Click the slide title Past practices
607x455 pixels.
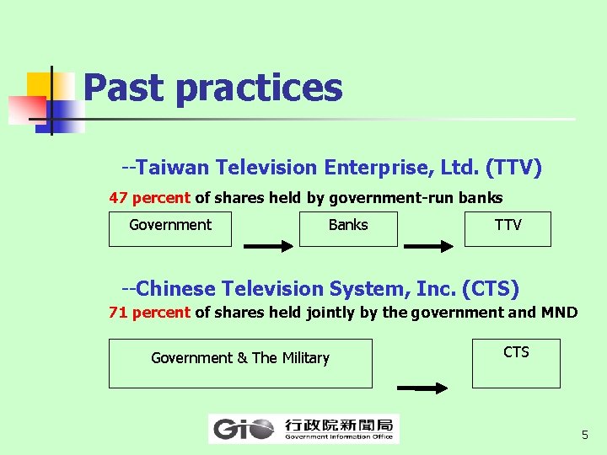click(x=212, y=88)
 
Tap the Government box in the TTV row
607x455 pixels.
click(x=169, y=228)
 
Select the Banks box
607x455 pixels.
click(x=348, y=228)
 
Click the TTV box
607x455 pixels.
click(x=508, y=228)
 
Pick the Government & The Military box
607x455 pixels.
click(x=240, y=362)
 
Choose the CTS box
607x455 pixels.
click(x=516, y=362)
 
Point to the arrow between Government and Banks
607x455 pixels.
click(x=269, y=247)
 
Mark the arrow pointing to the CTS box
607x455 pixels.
click(x=422, y=388)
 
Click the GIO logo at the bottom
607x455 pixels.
click(x=303, y=429)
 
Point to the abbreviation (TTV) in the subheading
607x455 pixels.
click(x=513, y=168)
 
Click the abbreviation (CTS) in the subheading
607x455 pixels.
click(x=491, y=289)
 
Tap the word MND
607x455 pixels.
click(x=560, y=313)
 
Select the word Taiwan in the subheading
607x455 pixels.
click(x=173, y=168)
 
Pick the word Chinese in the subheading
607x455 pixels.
click(x=175, y=289)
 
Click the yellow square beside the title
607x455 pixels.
click(x=40, y=85)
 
